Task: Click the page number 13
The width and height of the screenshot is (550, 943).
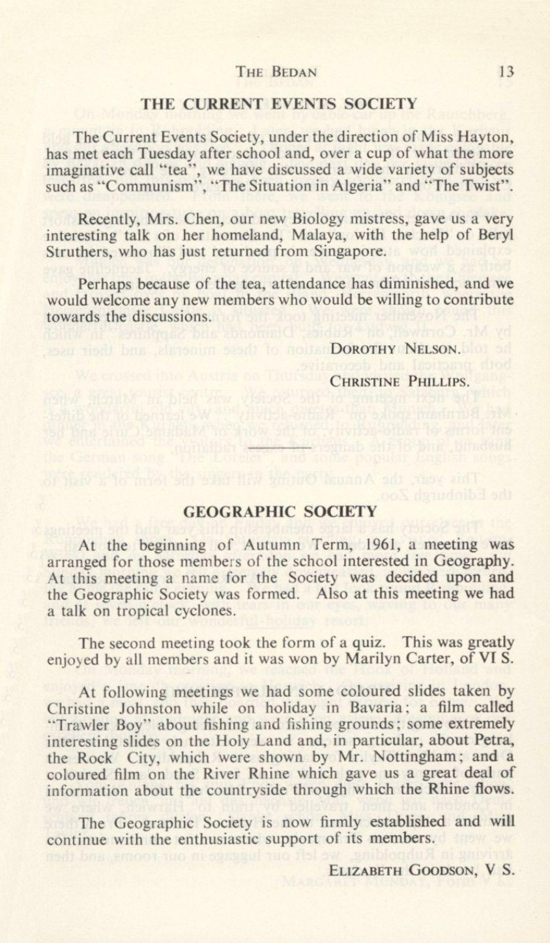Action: pos(508,71)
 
